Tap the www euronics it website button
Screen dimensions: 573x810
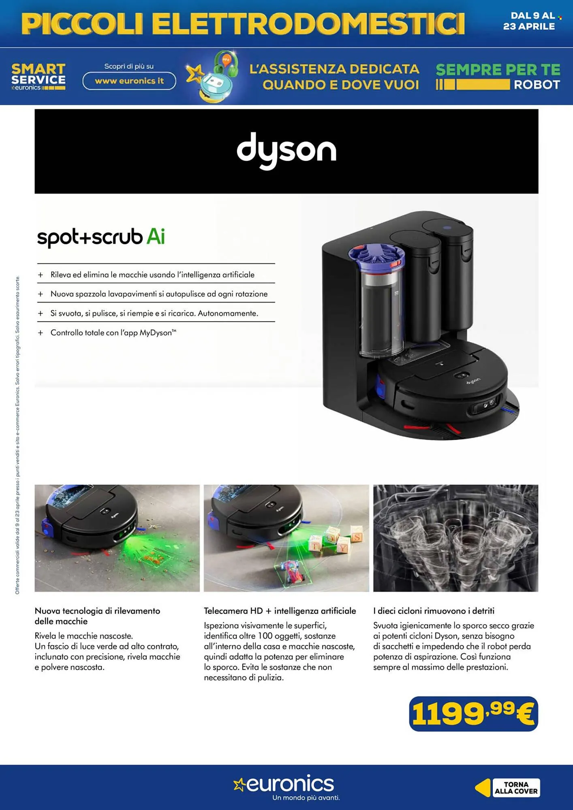pyautogui.click(x=129, y=81)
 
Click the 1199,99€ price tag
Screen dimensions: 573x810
pyautogui.click(x=473, y=714)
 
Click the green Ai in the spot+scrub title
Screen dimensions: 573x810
pyautogui.click(x=156, y=237)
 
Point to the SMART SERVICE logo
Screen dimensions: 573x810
pyautogui.click(x=38, y=76)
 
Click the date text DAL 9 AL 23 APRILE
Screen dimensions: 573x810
pyautogui.click(x=529, y=21)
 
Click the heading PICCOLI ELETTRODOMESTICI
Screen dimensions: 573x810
pyautogui.click(x=243, y=23)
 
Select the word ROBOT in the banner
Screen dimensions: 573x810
pyautogui.click(x=537, y=85)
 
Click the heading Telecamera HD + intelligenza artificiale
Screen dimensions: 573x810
pyautogui.click(x=280, y=611)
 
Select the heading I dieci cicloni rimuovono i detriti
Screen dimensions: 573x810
pyautogui.click(x=434, y=611)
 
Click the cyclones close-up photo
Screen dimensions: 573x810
pyautogui.click(x=455, y=538)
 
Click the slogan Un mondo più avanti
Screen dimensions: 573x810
pyautogui.click(x=306, y=798)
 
